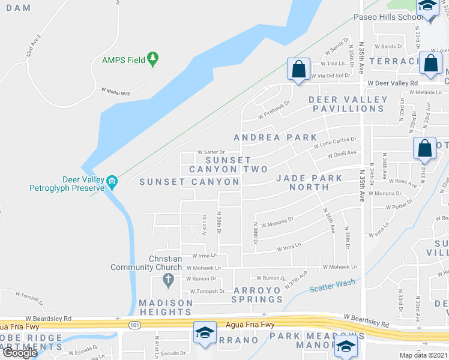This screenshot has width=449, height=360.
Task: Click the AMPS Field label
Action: tap(124, 59)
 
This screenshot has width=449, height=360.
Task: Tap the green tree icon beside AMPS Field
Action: tap(154, 58)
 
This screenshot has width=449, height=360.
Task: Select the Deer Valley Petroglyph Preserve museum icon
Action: tap(112, 181)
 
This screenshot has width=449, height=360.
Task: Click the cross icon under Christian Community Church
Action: tap(167, 280)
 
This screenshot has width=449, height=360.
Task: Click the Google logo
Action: tap(19, 353)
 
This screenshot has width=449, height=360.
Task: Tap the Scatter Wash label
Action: tap(332, 286)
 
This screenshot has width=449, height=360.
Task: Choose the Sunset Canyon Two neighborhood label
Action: tap(228, 165)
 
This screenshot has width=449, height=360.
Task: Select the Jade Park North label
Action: tap(309, 182)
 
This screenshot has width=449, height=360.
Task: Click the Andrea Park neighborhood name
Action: tap(275, 137)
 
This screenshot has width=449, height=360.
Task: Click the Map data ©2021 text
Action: tap(423, 355)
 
